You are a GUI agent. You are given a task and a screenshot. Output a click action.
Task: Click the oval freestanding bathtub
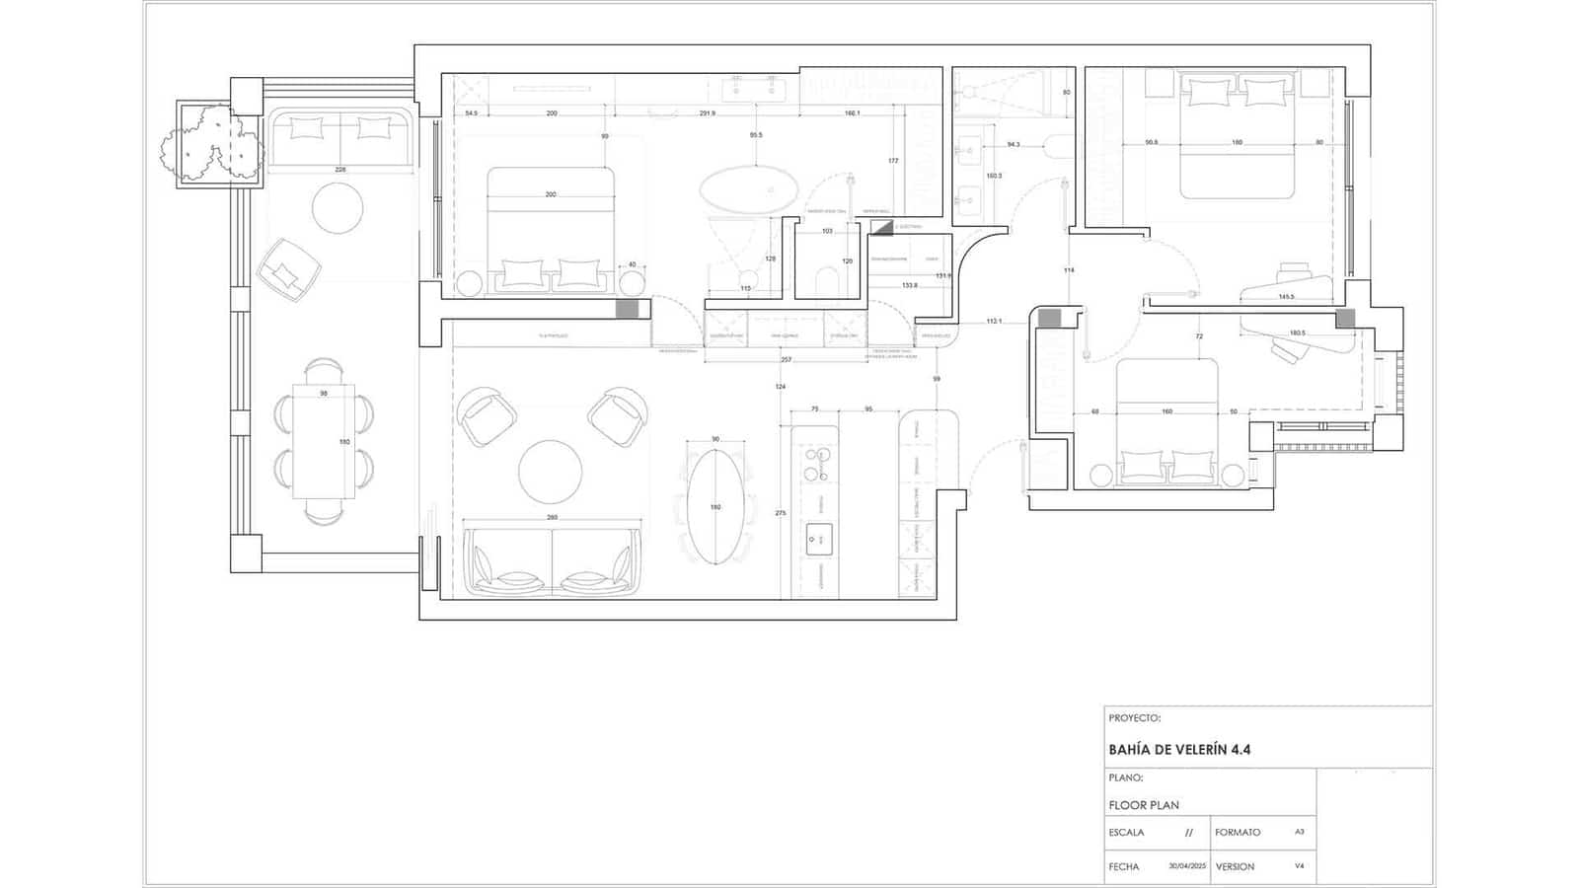(749, 189)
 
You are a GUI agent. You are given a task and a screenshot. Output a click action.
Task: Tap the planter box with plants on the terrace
(212, 144)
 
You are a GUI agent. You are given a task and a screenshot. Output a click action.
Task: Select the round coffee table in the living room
(550, 472)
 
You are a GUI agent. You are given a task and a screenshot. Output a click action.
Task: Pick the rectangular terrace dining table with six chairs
(324, 441)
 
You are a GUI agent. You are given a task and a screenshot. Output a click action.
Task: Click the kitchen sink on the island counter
(819, 540)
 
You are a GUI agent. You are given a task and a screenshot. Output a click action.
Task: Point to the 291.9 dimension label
(707, 113)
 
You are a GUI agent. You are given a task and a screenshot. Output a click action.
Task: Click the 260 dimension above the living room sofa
(552, 517)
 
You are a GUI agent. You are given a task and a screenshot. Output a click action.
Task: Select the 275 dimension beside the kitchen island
(781, 513)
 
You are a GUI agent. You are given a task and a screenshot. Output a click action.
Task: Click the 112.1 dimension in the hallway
(994, 321)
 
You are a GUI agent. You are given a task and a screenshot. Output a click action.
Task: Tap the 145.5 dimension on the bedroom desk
(1286, 297)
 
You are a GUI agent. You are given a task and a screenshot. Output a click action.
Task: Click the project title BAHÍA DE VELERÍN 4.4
(1179, 750)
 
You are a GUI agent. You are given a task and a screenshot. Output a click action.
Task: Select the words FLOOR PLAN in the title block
(1143, 805)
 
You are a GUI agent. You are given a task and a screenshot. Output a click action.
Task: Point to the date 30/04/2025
(1187, 866)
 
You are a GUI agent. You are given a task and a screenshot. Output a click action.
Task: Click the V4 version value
(1299, 866)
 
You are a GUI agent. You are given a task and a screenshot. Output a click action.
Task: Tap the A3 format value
(1299, 832)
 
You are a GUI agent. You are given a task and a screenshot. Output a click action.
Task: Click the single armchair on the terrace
(287, 263)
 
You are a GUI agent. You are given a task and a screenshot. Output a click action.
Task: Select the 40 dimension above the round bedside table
(632, 264)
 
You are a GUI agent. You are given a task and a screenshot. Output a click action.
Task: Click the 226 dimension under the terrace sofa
(340, 170)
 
